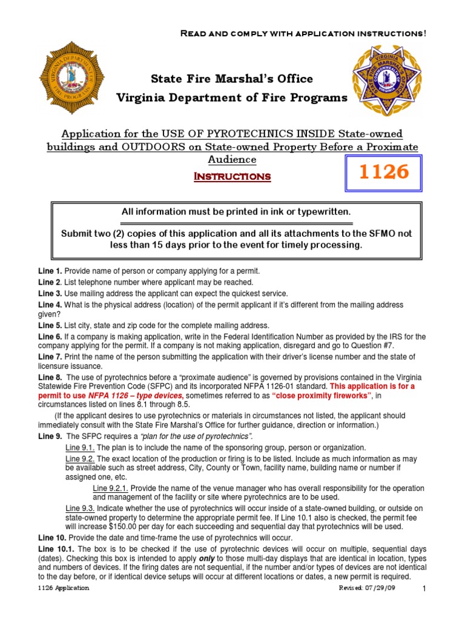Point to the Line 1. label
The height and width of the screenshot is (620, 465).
pos(50,271)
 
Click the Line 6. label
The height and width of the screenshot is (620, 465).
pos(50,337)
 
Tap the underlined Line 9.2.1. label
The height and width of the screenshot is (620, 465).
pos(111,487)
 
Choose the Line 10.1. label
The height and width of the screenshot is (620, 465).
pos(54,548)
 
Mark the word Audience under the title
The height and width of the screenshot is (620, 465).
pos(232,159)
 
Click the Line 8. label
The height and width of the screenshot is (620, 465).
pos(50,377)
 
